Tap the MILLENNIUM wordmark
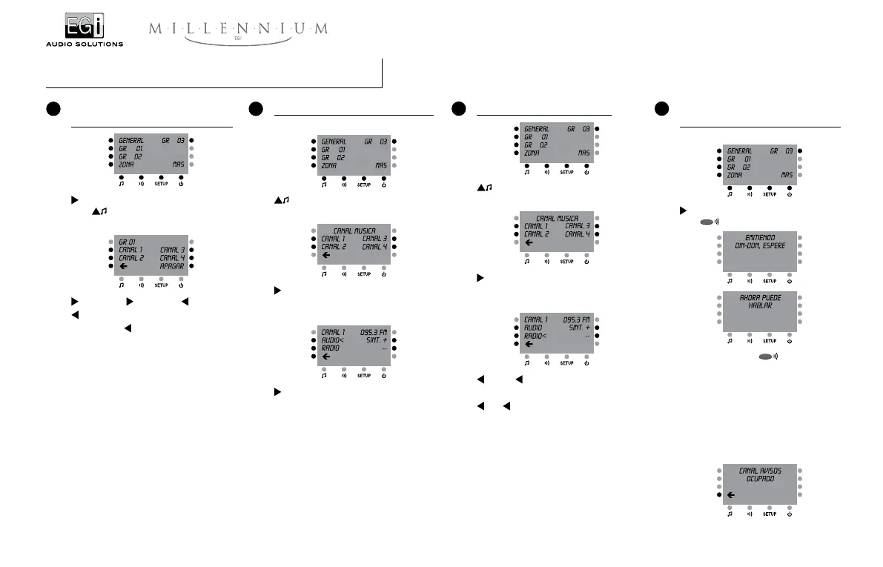(238, 29)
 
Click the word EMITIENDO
(759, 237)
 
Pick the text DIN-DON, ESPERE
(759, 245)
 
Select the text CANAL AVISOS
(759, 471)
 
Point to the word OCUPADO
(759, 479)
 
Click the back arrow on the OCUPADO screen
(731, 495)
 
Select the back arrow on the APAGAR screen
(123, 265)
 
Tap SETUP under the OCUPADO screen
(770, 514)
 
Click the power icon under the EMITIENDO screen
(790, 282)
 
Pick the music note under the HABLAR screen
(730, 341)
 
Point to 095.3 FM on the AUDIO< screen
(374, 331)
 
